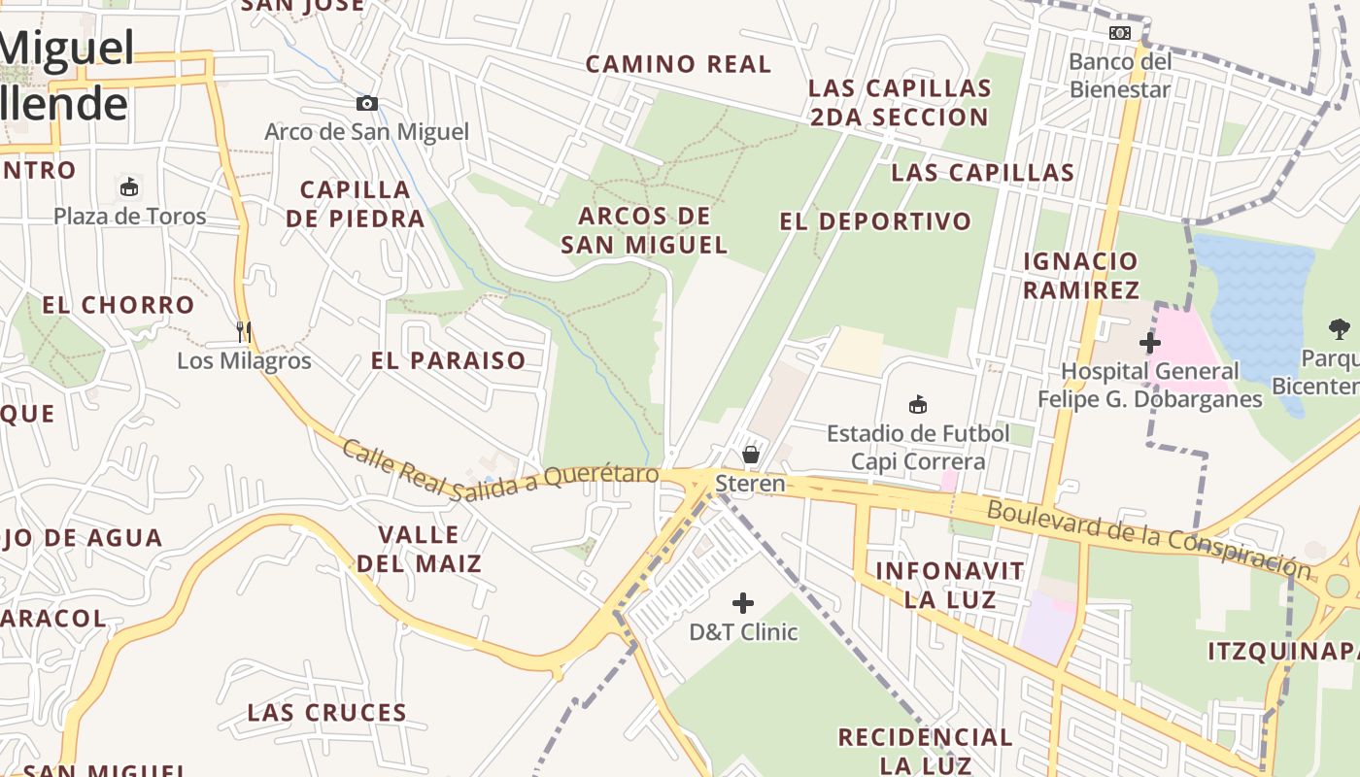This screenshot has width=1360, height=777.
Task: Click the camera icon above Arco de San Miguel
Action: pyautogui.click(x=366, y=104)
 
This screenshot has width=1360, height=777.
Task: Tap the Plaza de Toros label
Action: pyautogui.click(x=130, y=216)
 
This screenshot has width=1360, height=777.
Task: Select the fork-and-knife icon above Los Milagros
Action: pyautogui.click(x=244, y=332)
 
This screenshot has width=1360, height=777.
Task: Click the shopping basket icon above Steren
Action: pyautogui.click(x=750, y=454)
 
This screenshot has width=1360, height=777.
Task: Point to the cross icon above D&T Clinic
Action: pyautogui.click(x=743, y=603)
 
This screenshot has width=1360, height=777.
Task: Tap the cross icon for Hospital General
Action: pyautogui.click(x=1150, y=342)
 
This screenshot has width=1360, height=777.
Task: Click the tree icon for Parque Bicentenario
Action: pyautogui.click(x=1340, y=329)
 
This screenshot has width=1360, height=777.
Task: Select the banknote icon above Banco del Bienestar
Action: pyautogui.click(x=1120, y=33)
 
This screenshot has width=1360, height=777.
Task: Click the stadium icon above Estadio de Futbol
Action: pyautogui.click(x=917, y=404)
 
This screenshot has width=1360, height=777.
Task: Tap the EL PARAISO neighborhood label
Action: pyautogui.click(x=448, y=360)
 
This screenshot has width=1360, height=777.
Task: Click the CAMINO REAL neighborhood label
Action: pyautogui.click(x=678, y=65)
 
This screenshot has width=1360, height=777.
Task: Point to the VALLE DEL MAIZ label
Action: pyautogui.click(x=420, y=549)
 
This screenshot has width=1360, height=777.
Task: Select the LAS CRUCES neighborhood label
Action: pyautogui.click(x=326, y=712)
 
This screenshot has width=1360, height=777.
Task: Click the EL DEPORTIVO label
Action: pyautogui.click(x=875, y=221)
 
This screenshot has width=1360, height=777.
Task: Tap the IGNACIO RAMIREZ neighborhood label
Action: pyautogui.click(x=1080, y=275)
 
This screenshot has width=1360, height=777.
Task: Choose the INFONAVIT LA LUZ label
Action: pyautogui.click(x=936, y=585)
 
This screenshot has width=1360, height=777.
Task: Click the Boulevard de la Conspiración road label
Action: pyautogui.click(x=1147, y=537)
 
